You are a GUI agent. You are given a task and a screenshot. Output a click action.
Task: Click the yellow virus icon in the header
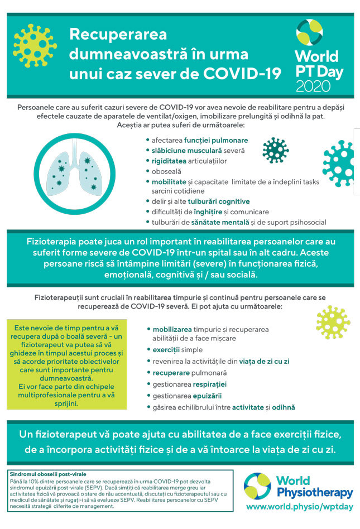[x=35, y=45]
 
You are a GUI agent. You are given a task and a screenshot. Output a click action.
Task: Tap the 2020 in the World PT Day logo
[x=313, y=86]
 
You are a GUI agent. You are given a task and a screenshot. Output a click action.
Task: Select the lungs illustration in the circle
[x=72, y=171]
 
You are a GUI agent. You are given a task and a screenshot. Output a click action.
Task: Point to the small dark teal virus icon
[x=276, y=150]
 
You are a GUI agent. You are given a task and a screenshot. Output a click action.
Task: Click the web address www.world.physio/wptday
[x=300, y=507]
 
